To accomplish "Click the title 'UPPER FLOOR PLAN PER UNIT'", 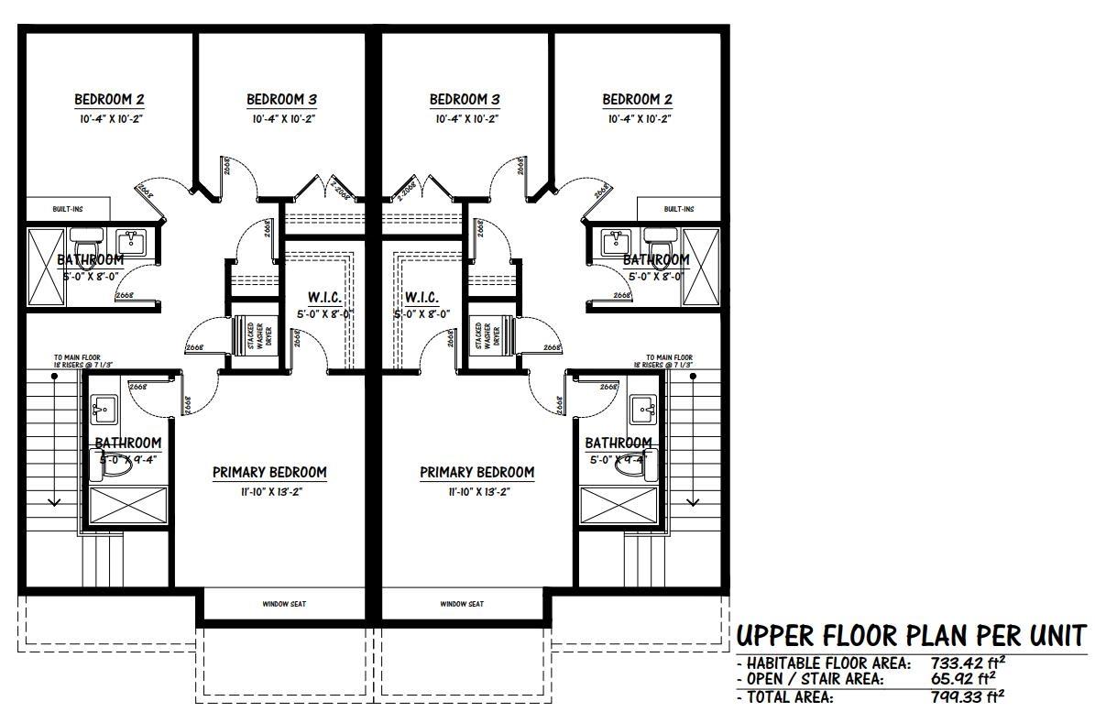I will click(912, 635).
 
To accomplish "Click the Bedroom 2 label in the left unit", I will click(109, 100).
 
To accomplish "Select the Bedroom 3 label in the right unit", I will click(464, 100).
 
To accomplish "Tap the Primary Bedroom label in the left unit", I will click(269, 473).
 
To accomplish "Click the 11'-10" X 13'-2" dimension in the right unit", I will click(476, 492).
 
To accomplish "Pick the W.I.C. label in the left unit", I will click(325, 298).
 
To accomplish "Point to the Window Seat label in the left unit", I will click(283, 604).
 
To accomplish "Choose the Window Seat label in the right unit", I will click(462, 604).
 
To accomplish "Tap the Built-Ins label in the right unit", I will click(678, 209).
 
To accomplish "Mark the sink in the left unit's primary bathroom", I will click(103, 407).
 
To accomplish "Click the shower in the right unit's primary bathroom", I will click(619, 505).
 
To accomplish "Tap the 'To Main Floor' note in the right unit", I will click(669, 360).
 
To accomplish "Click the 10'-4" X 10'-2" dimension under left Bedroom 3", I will click(283, 119).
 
